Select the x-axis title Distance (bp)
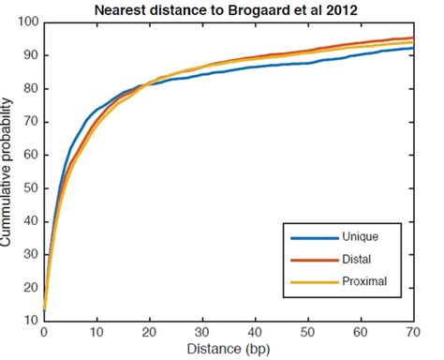pos(230,350)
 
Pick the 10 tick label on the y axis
pos(31,320)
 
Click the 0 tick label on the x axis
pos(44,332)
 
